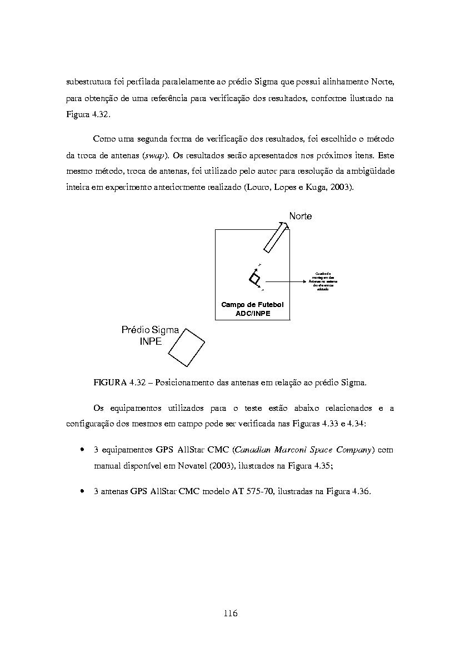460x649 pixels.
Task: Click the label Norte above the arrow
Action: pos(300,216)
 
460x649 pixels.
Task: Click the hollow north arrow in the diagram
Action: pos(275,237)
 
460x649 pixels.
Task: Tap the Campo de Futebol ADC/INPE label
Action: pos(253,309)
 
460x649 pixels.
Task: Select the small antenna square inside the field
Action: pos(254,279)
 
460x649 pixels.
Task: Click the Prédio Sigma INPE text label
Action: pos(150,335)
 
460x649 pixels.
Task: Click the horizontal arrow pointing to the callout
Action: pos(286,281)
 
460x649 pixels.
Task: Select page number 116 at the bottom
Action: pos(231,613)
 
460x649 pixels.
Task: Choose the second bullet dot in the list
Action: pos(82,492)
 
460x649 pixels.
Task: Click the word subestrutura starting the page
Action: pos(89,82)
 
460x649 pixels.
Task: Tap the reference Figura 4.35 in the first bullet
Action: pos(311,466)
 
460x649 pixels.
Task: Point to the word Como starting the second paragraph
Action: pos(103,138)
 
